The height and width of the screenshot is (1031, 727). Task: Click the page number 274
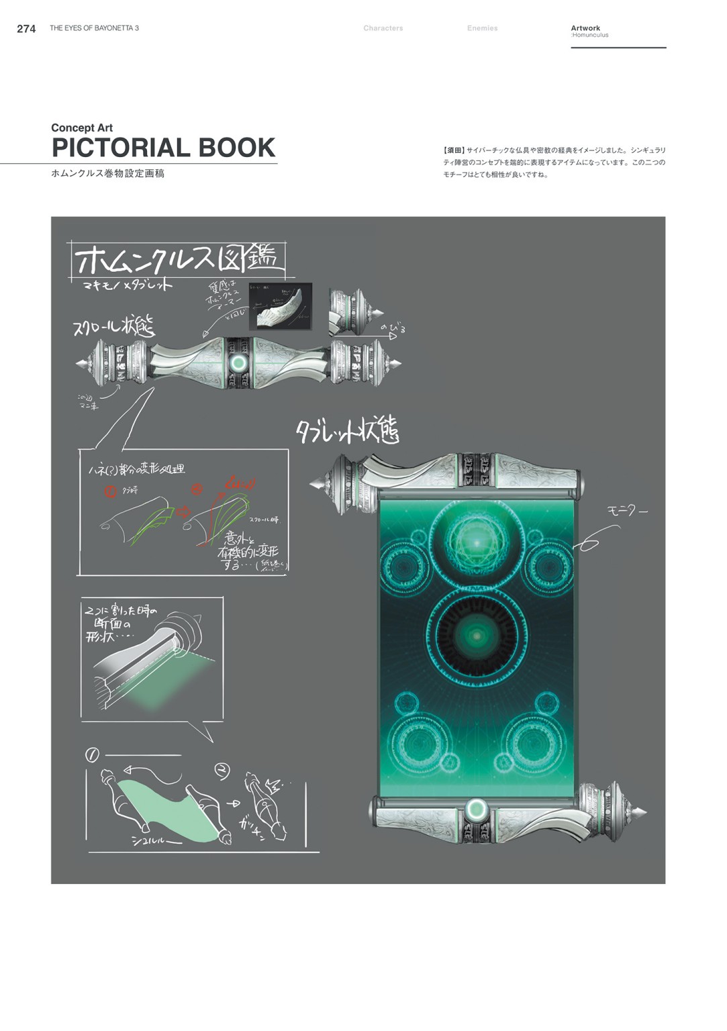[26, 28]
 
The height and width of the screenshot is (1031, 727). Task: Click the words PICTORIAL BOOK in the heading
[163, 148]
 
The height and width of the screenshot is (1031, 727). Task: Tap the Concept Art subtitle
[82, 128]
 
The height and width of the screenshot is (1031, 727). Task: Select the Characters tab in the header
[383, 28]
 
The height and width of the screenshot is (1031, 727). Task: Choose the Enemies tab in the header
[482, 28]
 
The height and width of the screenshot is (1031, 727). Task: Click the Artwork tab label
[585, 28]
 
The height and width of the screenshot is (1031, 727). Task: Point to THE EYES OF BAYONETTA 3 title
[94, 28]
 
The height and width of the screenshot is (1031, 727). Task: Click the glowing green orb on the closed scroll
[238, 363]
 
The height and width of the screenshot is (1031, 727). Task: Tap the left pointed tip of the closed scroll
[80, 363]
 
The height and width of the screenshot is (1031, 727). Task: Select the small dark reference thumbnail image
[280, 305]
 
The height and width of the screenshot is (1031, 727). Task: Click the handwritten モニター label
[628, 511]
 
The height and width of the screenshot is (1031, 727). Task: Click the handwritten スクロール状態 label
[113, 327]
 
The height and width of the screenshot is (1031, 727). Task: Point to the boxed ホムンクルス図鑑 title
[178, 260]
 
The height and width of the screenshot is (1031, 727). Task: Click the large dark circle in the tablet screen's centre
[477, 635]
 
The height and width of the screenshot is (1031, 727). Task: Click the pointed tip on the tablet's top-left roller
[314, 483]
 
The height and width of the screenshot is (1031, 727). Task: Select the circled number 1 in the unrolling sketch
[92, 754]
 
